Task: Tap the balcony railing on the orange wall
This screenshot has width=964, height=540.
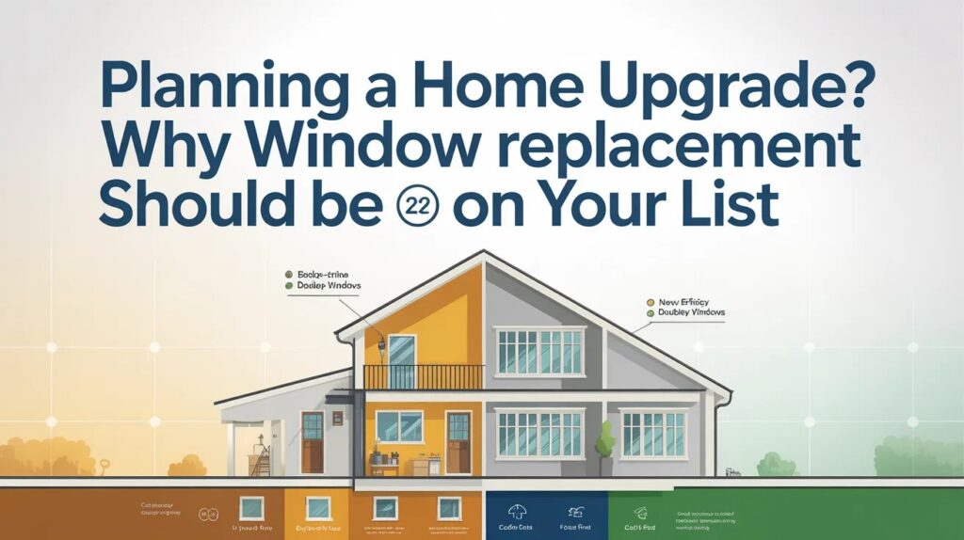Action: pos(423,377)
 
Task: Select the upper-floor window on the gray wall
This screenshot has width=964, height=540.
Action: pos(540,350)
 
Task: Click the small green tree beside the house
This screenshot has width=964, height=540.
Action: pos(604,441)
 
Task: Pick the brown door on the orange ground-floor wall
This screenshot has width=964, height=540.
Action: pos(458,441)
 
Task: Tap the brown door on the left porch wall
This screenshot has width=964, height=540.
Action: pos(312,441)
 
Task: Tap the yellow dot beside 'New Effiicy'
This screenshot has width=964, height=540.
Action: pos(649,302)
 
